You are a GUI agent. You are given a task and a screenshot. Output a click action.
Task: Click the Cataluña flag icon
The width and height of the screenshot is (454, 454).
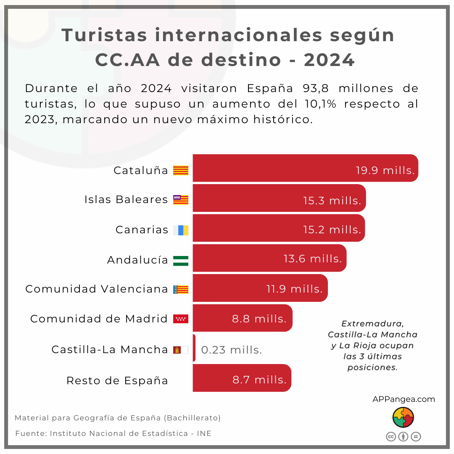pos(181,170)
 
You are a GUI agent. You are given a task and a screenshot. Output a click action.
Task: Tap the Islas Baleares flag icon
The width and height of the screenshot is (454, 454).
pos(181,200)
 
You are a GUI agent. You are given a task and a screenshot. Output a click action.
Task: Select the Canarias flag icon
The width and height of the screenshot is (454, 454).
pos(181,230)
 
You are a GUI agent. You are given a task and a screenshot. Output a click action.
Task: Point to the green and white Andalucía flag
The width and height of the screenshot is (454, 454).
pos(181,260)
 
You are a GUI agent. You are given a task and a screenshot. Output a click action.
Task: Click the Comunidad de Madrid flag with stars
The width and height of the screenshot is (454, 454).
pos(181,319)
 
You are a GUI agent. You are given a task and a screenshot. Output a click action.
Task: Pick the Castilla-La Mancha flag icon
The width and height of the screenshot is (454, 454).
pos(181,350)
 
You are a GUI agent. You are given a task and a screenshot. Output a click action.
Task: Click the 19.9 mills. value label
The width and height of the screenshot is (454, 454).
pos(385,170)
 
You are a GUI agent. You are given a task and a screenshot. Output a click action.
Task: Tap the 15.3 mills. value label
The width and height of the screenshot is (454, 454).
pos(332,201)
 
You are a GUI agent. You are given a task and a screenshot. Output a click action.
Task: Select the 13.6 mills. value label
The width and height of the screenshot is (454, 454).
pos(313,259)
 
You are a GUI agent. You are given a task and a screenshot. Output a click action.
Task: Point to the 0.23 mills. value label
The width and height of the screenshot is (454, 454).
pos(232,350)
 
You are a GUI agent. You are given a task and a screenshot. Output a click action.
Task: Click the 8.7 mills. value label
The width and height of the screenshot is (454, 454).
pos(259,380)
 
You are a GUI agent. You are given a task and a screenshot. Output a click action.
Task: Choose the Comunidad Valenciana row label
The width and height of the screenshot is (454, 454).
pos(97,289)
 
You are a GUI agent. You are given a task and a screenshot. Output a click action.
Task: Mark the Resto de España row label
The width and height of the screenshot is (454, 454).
pos(117,380)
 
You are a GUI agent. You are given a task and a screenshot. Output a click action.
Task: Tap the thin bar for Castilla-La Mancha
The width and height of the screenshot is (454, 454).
pos(194,348)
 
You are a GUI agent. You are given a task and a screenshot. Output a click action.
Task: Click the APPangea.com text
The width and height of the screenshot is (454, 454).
pos(404,399)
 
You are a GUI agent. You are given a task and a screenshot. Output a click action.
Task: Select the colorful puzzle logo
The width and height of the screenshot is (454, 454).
pos(403,417)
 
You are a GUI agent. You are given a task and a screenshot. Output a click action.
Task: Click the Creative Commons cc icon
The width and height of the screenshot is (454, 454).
pos(391,436)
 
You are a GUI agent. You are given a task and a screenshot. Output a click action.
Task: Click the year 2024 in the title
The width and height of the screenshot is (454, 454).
pos(330,60)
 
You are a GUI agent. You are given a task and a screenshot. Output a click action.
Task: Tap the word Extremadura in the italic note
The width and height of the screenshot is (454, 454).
pos(372,324)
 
